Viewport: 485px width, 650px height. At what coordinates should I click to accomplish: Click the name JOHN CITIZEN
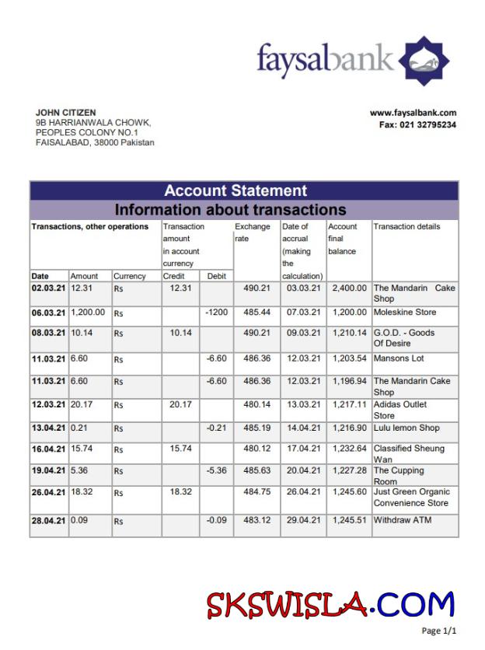66,113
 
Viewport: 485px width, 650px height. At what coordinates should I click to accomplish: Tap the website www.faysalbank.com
413,113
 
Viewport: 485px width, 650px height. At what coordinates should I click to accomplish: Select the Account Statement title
236,190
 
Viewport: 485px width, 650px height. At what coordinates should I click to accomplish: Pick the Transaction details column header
406,227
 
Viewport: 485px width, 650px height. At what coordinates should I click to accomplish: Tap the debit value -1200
215,313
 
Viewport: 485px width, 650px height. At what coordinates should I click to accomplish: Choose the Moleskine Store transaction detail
405,313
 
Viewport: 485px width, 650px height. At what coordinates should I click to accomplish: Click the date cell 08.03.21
48,333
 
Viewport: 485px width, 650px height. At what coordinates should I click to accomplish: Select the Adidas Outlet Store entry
400,410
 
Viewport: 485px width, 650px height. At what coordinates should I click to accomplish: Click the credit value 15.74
181,449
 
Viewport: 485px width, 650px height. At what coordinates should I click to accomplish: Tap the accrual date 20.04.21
302,471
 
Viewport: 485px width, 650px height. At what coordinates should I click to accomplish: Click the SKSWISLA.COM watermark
330,604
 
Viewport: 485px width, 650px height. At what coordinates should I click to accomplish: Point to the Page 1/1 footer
439,631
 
